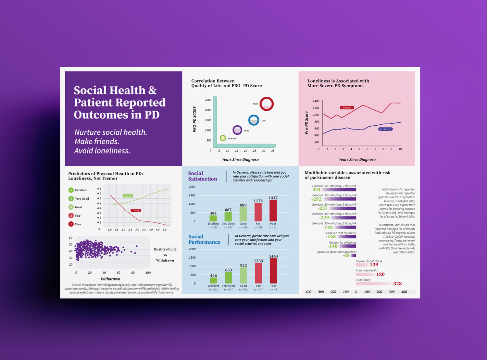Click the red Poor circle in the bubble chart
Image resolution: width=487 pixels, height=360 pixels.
pos(267,104)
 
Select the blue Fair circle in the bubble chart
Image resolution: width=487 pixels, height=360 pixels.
pos(254,120)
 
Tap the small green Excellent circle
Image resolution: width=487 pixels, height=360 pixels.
pos(223,138)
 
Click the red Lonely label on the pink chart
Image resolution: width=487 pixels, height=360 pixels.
pos(347,107)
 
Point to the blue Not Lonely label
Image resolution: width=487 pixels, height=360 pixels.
pos(385,129)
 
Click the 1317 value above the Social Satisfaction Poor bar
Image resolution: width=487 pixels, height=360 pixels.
pos(273,198)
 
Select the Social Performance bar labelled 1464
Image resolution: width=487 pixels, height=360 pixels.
pos(273,271)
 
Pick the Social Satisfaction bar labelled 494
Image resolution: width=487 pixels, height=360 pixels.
pos(213,218)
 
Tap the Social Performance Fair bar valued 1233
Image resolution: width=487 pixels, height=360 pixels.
pos(258,273)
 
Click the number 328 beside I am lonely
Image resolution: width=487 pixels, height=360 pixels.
pos(397,284)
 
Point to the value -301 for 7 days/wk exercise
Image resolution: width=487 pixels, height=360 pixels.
pos(316,190)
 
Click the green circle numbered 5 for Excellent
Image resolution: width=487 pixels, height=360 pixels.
pos(71,190)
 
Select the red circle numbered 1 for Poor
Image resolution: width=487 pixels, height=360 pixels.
pos(71,224)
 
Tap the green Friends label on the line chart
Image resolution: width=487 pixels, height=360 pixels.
pos(128,196)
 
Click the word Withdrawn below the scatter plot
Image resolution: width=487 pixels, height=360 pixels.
pos(110,279)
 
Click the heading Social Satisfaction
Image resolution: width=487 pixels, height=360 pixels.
pos(203,176)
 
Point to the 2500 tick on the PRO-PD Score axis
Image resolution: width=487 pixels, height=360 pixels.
pos(208,100)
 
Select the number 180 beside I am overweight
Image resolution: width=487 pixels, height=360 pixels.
pos(380,274)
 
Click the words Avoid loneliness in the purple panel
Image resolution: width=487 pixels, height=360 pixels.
pos(102,151)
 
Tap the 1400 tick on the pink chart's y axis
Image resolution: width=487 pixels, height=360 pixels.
pos(316,101)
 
